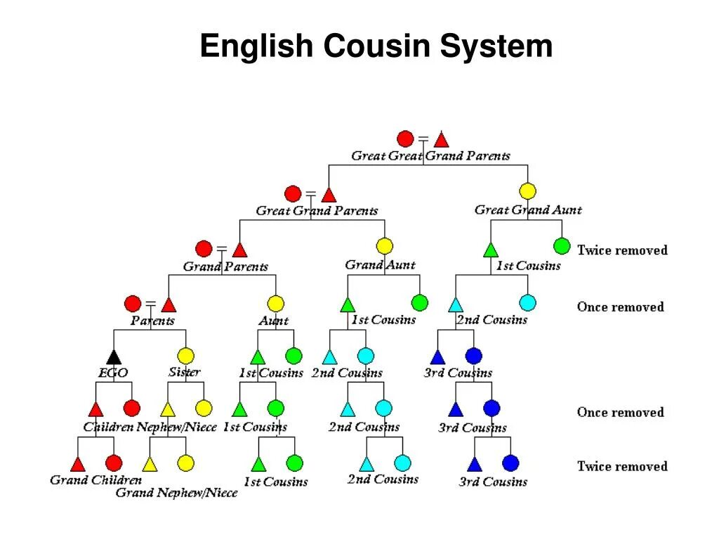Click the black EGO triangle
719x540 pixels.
point(114,356)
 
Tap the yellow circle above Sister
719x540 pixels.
point(185,356)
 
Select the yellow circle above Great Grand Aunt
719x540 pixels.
point(527,191)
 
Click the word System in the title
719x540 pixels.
point(496,46)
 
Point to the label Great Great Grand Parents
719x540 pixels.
point(430,155)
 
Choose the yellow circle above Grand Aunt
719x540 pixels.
point(384,246)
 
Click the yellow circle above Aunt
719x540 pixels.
point(275,303)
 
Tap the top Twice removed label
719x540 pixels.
point(622,250)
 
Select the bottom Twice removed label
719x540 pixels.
point(622,465)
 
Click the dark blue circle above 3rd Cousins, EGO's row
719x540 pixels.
point(474,356)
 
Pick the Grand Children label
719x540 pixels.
point(95,480)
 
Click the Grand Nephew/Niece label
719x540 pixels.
point(176,493)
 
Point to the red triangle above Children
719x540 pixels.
point(96,409)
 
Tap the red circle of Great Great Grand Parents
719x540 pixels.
point(405,139)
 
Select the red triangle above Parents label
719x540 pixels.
point(169,304)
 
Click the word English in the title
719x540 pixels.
point(256,46)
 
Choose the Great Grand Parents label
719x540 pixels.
point(317,210)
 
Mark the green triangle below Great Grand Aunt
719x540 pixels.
point(491,249)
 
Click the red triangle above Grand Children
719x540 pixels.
point(78,463)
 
